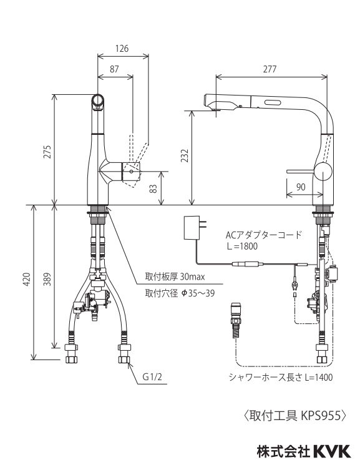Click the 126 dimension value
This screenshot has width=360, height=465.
(x=123, y=49)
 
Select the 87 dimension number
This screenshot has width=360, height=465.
(x=114, y=69)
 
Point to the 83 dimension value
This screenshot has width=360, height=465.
(x=153, y=188)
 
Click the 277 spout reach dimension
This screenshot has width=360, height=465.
(x=270, y=69)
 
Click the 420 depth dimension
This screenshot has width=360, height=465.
(x=26, y=282)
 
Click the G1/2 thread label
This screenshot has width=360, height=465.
(x=152, y=377)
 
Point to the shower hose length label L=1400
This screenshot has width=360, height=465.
(x=313, y=377)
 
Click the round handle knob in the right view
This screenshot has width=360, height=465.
(x=324, y=171)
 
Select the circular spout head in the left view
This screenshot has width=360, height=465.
(x=98, y=100)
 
